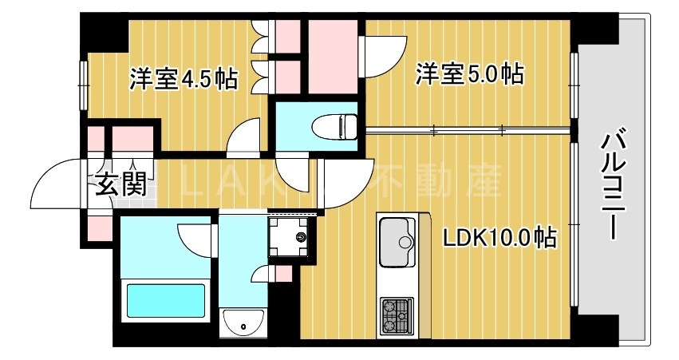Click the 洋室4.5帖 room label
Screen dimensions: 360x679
[183, 78]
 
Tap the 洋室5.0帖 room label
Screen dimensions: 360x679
[468, 75]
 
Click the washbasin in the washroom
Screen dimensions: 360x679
[244, 322]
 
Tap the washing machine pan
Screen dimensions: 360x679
[293, 237]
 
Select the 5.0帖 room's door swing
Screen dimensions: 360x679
[383, 56]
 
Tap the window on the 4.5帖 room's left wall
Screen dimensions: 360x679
[83, 85]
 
